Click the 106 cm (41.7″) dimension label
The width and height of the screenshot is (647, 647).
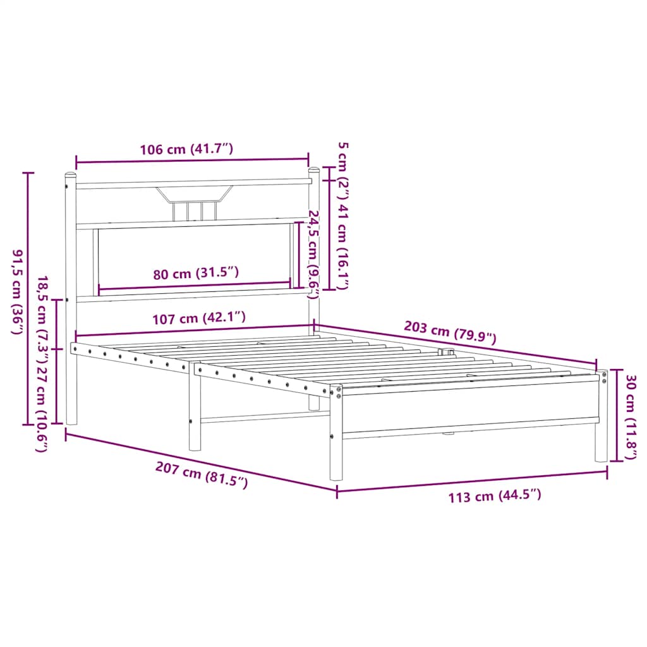(186, 149)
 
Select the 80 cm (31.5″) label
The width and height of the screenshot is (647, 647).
(196, 274)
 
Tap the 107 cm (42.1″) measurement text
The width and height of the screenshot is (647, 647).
(198, 318)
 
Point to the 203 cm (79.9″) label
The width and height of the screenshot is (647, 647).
(450, 331)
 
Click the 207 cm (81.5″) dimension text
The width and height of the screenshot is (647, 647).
(202, 474)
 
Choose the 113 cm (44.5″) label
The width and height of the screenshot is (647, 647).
(495, 496)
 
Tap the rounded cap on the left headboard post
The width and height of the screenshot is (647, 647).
(70, 174)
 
